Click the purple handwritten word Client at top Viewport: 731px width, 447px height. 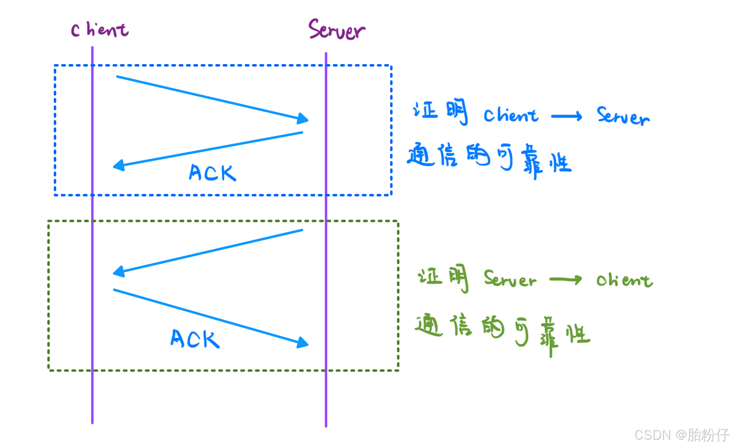point(100,30)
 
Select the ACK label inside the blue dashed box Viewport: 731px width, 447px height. point(212,173)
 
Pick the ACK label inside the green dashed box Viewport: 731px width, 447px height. point(195,339)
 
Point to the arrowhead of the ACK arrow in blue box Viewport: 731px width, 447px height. point(118,165)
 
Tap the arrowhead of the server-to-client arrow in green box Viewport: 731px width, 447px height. point(118,271)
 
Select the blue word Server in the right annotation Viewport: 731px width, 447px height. point(622,116)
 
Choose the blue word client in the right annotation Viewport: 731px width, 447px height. point(511,116)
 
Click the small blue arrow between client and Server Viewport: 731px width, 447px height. point(567,117)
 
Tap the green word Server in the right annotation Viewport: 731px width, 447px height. point(510,280)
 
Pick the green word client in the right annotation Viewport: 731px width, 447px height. point(624,280)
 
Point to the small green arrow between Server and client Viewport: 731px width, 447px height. point(566,280)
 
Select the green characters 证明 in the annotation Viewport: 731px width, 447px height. point(444,278)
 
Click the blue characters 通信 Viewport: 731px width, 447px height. point(432,156)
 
